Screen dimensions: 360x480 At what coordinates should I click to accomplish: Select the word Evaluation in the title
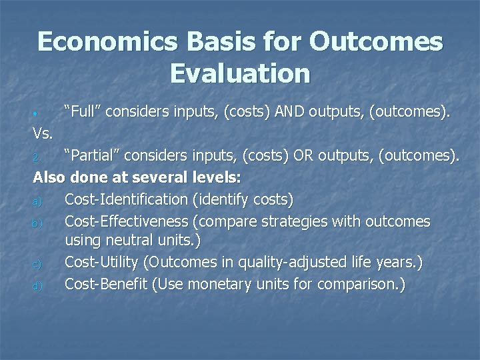click(240, 73)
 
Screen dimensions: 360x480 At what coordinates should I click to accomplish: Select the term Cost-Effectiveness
click(128, 221)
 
